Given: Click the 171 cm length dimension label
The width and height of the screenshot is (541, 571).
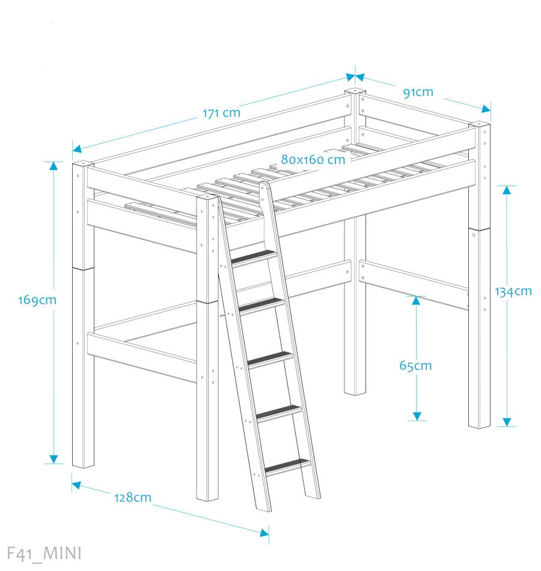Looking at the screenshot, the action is (221, 113).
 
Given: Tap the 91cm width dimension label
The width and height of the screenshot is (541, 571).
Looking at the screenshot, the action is (418, 92).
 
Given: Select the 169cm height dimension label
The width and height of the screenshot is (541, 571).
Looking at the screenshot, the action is (37, 300).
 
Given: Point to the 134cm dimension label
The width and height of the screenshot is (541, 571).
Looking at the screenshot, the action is (513, 291).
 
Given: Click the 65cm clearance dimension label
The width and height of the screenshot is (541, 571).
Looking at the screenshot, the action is (415, 365).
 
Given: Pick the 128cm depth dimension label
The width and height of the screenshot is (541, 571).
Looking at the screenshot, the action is (133, 497).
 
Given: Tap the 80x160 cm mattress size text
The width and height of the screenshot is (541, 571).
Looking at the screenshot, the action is (313, 160).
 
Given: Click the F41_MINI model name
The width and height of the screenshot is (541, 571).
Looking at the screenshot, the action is (44, 554).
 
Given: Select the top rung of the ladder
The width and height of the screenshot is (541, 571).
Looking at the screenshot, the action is (253, 256).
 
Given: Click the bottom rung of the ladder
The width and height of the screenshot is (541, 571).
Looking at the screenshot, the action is (288, 467).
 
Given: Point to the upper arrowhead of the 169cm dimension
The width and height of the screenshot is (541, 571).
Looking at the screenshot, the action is (53, 166).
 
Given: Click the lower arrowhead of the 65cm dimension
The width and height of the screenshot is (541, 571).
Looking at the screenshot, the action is (417, 416).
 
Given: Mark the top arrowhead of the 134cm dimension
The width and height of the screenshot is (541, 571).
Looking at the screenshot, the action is (506, 190).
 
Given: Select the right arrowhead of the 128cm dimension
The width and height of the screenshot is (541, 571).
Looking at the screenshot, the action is (264, 533).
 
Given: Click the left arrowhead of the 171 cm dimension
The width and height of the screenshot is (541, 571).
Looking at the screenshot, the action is (77, 148).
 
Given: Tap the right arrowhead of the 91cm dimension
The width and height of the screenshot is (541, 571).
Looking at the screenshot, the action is (486, 109).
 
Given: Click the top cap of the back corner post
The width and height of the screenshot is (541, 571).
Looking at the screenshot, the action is (355, 91).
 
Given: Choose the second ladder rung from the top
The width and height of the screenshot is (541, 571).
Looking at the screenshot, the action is (261, 305).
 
